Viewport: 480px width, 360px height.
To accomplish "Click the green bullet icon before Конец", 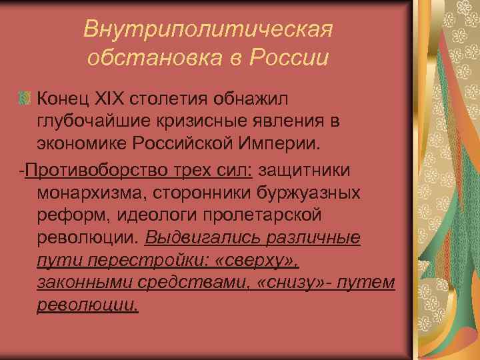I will pos(25,99).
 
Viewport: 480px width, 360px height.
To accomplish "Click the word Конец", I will pos(65,99).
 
